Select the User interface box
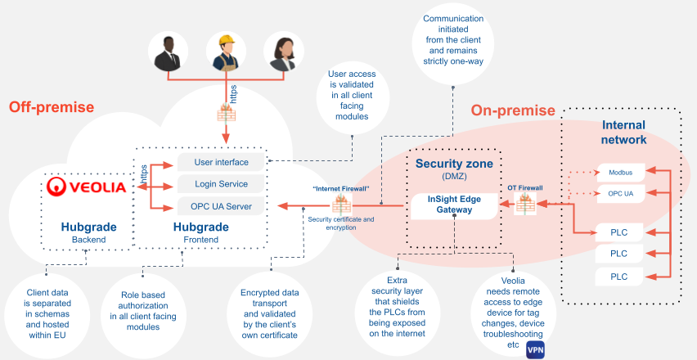click(x=221, y=162)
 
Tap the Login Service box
click(x=221, y=184)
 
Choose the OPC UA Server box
click(x=221, y=206)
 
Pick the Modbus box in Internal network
click(x=620, y=173)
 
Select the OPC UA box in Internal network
click(x=620, y=194)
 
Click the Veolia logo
click(x=86, y=187)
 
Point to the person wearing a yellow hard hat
click(x=227, y=53)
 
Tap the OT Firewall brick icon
click(x=524, y=205)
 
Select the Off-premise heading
click(x=52, y=107)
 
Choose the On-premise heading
click(x=513, y=110)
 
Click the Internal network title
click(x=623, y=133)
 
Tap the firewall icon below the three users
click(x=227, y=112)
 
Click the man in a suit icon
click(x=169, y=53)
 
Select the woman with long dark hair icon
click(x=286, y=53)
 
